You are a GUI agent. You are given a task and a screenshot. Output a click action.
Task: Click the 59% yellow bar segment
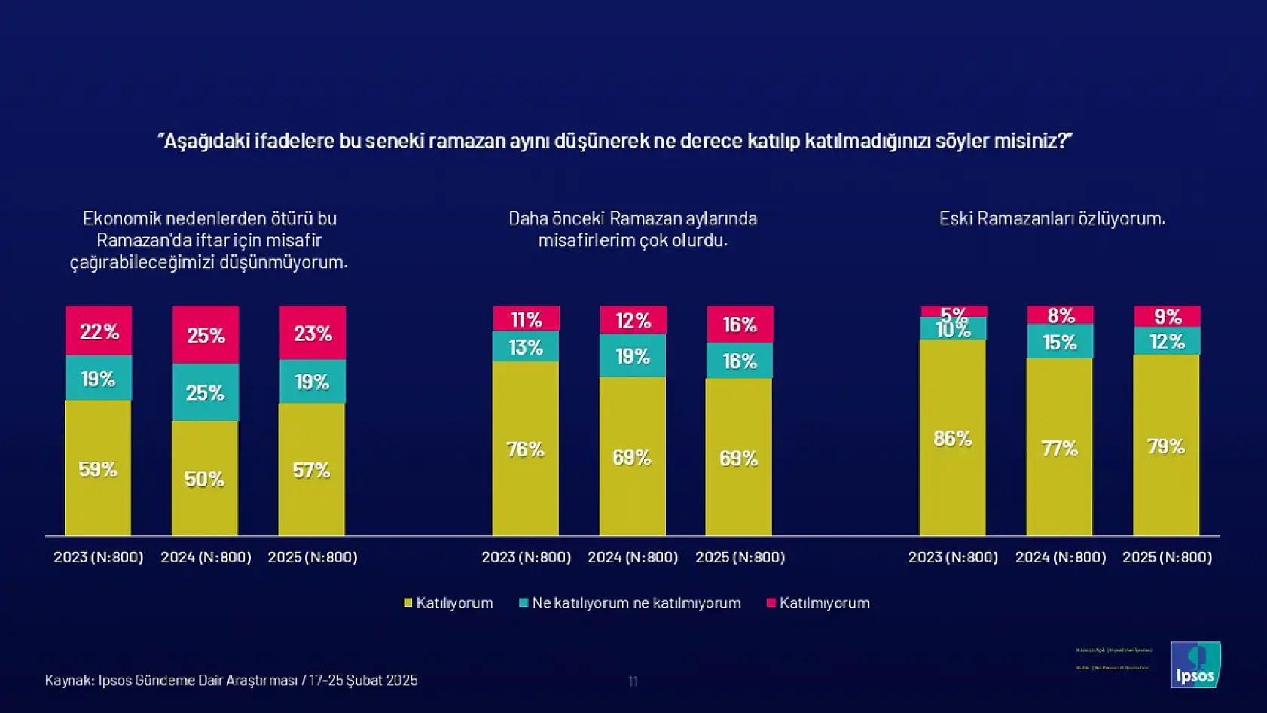point(98,468)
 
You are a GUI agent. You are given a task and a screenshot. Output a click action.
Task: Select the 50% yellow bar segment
point(205,478)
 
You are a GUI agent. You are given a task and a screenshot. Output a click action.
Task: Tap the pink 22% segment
point(99,331)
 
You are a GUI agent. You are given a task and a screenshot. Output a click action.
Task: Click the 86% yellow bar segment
point(952,438)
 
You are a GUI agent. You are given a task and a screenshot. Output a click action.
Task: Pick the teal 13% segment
point(526,346)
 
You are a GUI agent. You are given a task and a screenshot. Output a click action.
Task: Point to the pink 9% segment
point(1167,316)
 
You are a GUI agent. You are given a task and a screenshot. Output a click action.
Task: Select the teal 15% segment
point(1060,342)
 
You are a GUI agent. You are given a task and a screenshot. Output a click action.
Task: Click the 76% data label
point(525,449)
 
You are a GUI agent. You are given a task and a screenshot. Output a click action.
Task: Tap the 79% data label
point(1166,446)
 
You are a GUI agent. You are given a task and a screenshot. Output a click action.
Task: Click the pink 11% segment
point(526,318)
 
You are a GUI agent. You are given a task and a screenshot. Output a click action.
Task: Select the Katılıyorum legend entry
point(449,603)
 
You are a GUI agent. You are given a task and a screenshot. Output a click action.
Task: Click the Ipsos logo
point(1195,664)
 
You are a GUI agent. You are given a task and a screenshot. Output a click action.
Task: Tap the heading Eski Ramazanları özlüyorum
point(1052,218)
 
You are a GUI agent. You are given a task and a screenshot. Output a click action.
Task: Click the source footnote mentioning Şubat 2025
point(231,680)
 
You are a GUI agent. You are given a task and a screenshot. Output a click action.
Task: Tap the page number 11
point(633,681)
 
